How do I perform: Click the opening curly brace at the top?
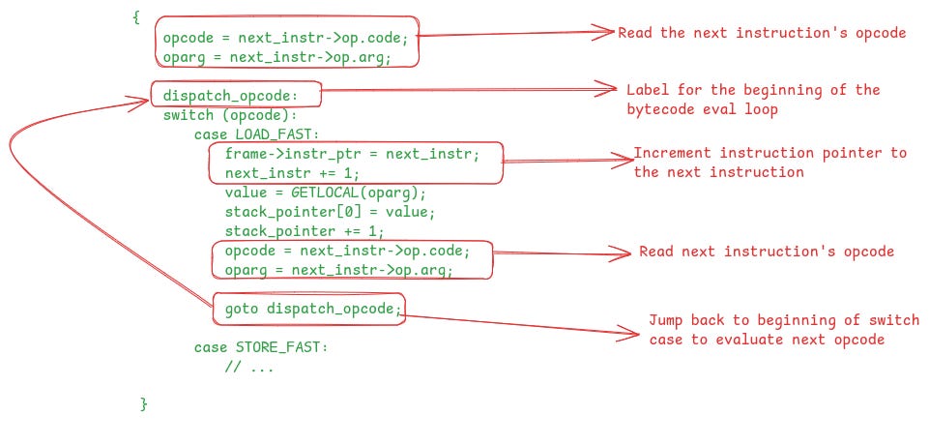point(136,16)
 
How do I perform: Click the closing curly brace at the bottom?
point(144,403)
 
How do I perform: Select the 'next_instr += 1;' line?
point(292,173)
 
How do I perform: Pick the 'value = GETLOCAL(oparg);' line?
point(325,193)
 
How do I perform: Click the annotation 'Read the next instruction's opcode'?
point(761,33)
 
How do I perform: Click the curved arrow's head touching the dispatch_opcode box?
point(146,98)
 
